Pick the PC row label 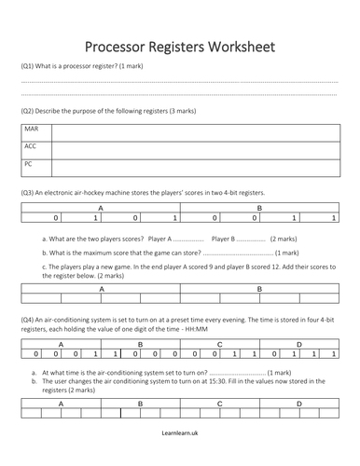[x=29, y=164]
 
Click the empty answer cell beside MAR [x=194, y=131]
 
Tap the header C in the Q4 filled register [x=219, y=344]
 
